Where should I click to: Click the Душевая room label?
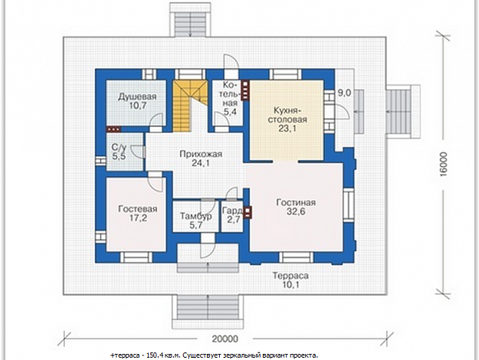138,97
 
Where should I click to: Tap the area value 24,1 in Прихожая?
200,163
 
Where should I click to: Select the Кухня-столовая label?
287,115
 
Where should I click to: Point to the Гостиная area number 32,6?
295,211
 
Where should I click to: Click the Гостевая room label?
138,209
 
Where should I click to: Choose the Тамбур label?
196,216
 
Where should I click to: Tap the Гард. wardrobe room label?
233,210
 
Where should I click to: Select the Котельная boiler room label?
230,94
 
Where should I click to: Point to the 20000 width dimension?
225,339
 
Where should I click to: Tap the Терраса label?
291,276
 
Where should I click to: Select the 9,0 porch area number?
345,93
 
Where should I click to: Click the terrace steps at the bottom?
208,312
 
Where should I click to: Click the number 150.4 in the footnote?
156,355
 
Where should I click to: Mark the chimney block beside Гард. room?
248,212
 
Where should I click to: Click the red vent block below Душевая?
114,129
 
